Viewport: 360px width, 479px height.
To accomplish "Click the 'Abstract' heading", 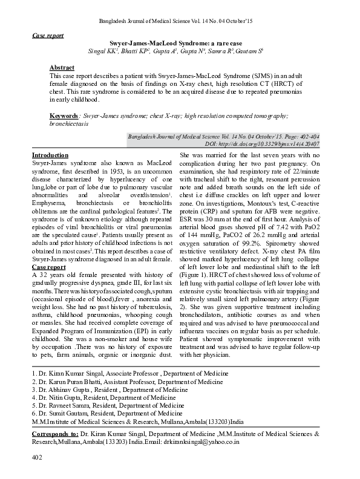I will [x=62, y=67].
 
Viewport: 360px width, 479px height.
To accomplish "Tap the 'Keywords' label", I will [x=64, y=115].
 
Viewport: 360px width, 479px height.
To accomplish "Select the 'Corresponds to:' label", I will [x=55, y=434].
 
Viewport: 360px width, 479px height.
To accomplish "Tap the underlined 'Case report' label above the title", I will [x=48, y=36].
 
